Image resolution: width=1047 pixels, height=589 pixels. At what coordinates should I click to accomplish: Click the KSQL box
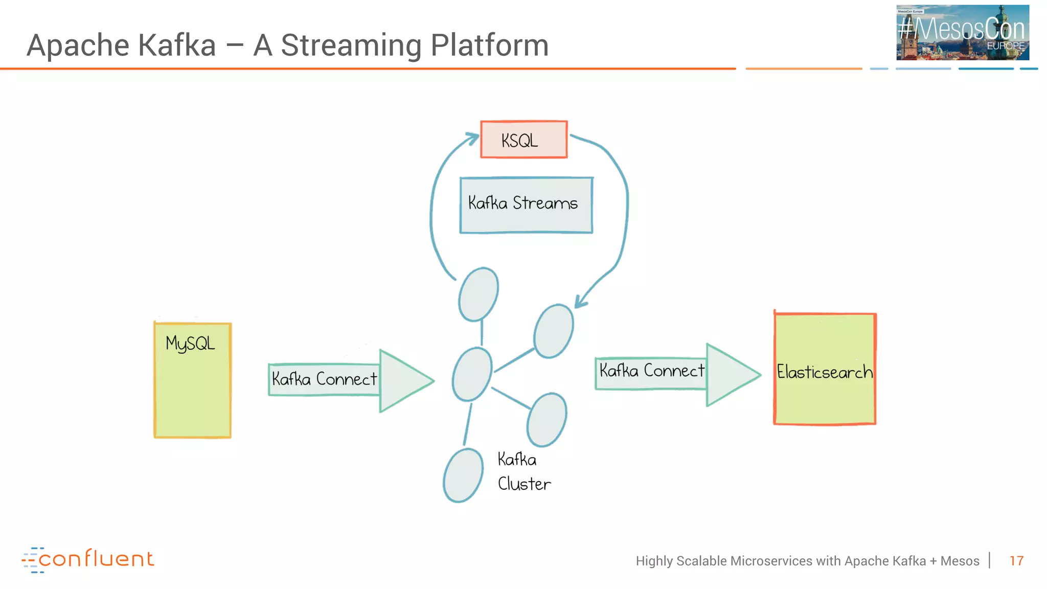(x=523, y=140)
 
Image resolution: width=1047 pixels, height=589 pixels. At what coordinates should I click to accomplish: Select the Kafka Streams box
(x=526, y=205)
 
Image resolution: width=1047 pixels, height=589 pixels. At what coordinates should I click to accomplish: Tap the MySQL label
(x=190, y=344)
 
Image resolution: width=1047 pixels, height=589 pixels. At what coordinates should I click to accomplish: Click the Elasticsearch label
(x=824, y=372)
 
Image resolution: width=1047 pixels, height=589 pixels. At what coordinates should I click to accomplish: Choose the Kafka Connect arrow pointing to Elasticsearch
(x=677, y=374)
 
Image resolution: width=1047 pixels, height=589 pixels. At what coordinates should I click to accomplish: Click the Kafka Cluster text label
(x=523, y=471)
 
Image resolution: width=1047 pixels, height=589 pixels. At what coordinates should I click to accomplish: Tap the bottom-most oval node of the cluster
(x=463, y=475)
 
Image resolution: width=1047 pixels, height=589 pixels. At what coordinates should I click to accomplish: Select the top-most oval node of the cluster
(x=479, y=294)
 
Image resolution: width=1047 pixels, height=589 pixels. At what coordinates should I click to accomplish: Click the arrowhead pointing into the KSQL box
(x=471, y=138)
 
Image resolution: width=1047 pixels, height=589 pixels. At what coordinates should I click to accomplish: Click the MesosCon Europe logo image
(x=962, y=33)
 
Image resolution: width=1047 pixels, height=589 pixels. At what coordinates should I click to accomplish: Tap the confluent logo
(x=88, y=559)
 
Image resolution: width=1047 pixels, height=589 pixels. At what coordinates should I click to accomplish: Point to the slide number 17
(x=1016, y=561)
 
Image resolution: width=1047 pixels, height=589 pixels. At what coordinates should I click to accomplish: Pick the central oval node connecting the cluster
(x=472, y=374)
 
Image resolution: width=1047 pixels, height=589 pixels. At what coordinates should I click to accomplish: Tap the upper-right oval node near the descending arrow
(x=553, y=331)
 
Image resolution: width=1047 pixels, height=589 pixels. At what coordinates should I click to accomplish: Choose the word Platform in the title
(x=489, y=45)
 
